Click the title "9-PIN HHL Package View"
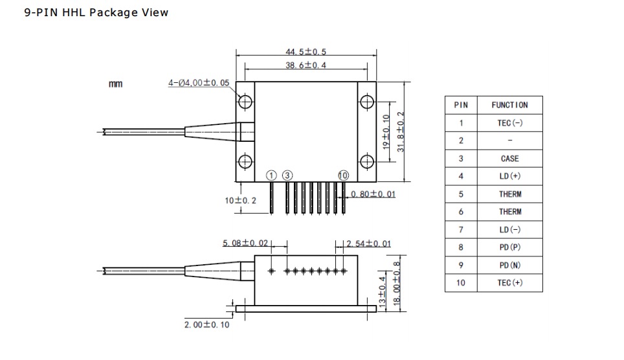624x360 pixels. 96,12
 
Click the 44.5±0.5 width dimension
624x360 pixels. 306,52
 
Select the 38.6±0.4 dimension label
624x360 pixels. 306,65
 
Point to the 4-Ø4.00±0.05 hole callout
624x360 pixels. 199,83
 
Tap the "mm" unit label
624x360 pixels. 115,84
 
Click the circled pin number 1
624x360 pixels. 271,175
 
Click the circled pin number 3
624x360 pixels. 287,175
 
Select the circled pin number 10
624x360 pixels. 343,175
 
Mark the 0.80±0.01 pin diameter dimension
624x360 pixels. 373,194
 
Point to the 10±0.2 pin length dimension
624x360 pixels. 240,200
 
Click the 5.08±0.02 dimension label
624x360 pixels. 245,243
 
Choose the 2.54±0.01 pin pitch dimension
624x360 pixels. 368,243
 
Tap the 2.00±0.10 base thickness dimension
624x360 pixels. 206,324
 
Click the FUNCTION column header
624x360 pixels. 510,105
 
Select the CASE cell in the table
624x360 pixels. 510,159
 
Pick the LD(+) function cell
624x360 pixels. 510,176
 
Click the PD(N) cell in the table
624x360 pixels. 510,265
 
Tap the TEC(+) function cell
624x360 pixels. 510,283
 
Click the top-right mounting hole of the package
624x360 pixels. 367,102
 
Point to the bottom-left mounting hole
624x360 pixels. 245,162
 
